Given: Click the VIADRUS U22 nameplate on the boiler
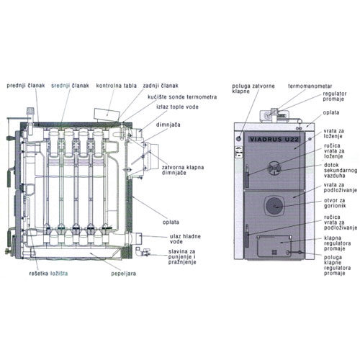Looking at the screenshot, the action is [274, 140].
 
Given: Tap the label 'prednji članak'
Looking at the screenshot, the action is [26, 86].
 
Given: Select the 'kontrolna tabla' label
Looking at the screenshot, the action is [117, 86].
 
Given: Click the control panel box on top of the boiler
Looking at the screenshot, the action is [107, 115].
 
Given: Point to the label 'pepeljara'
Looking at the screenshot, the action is [123, 274].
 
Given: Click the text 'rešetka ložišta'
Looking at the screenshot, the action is [48, 274].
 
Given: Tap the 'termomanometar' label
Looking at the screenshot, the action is [310, 86].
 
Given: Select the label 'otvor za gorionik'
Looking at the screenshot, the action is [335, 203].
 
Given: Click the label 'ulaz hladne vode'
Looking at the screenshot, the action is [185, 239].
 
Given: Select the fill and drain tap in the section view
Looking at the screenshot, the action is [143, 252].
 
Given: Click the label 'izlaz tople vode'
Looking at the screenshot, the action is [177, 107].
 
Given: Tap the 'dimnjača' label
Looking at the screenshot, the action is [168, 125].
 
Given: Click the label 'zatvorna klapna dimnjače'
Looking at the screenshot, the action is [183, 170].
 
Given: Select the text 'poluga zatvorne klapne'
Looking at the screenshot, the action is [253, 89].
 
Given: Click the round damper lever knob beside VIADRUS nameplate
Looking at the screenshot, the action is [239, 139].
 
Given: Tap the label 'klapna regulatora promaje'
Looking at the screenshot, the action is [338, 243].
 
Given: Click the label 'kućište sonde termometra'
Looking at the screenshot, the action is [182, 97].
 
